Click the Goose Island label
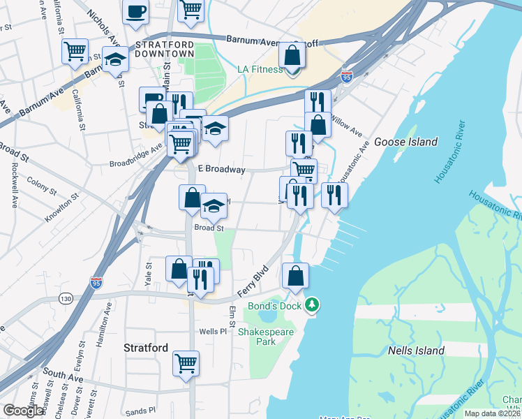tap(405, 142)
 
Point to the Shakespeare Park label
tap(266, 337)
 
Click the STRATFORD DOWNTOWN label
tap(164, 48)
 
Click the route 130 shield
tap(66, 299)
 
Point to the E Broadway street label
tap(222, 170)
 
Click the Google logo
tap(23, 411)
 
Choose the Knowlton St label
tap(58, 203)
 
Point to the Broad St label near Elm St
tap(209, 228)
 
